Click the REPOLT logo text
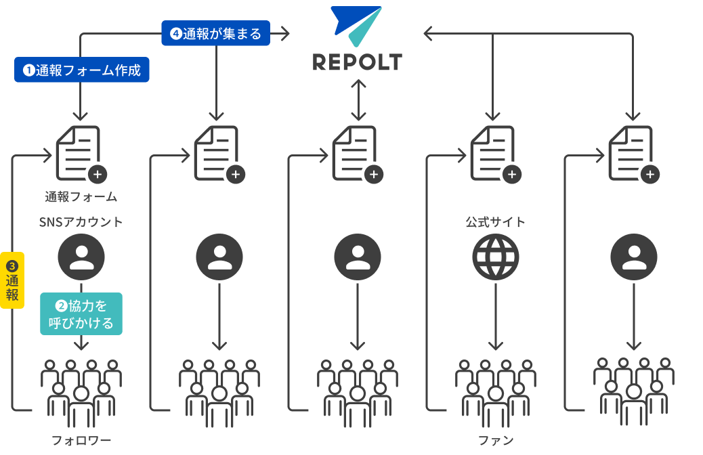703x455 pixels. point(357,62)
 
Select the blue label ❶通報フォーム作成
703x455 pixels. point(82,70)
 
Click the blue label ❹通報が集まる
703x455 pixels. point(215,33)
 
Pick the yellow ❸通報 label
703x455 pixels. point(12,280)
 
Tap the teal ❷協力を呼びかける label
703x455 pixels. point(81,314)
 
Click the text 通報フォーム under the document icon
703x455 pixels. point(81,197)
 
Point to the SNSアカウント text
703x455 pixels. point(81,222)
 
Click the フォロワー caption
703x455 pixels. point(81,441)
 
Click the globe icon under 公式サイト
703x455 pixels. point(496,257)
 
